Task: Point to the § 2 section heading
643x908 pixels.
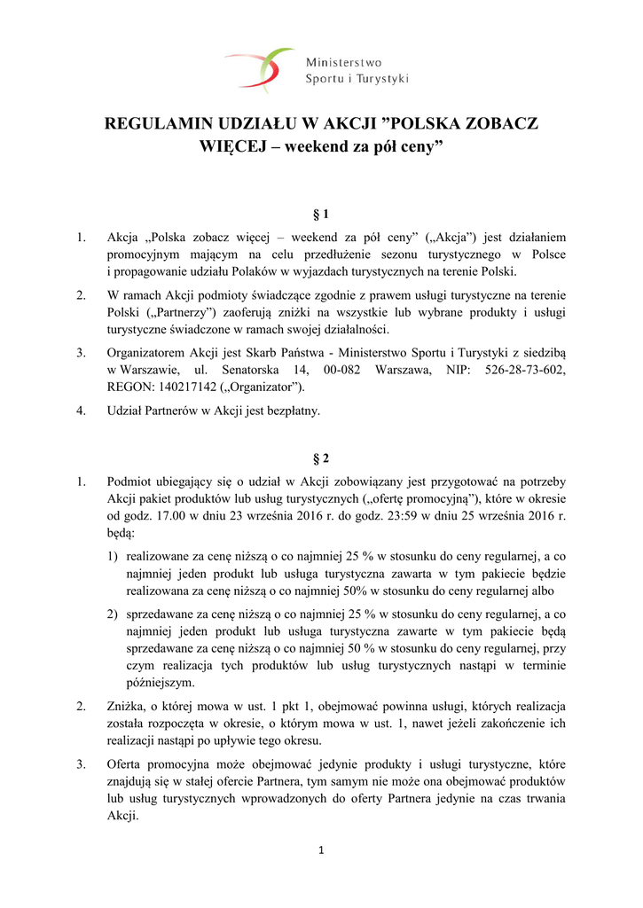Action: point(321,458)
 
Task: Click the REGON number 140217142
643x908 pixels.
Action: point(192,386)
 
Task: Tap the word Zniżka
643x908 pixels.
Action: point(127,707)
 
